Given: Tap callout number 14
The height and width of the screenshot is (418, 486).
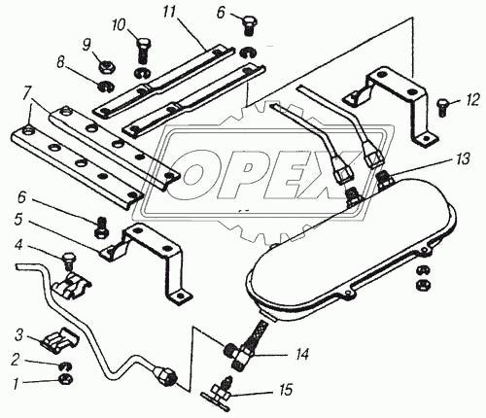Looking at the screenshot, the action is pyautogui.click(x=300, y=354).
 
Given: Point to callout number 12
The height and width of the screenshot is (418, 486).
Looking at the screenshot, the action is pyautogui.click(x=471, y=100).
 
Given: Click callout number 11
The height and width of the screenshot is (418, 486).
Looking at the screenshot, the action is pyautogui.click(x=169, y=13).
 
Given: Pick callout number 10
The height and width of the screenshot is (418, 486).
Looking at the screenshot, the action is pyautogui.click(x=119, y=25).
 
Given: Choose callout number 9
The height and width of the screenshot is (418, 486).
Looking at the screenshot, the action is pyautogui.click(x=87, y=45).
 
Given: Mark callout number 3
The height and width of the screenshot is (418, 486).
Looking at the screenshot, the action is pyautogui.click(x=18, y=335).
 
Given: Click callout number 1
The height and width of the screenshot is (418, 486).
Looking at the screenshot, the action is pyautogui.click(x=15, y=384).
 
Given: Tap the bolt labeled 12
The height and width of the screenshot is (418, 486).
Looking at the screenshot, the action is pyautogui.click(x=442, y=108).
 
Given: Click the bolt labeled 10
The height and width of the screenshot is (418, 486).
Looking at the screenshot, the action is pyautogui.click(x=142, y=51).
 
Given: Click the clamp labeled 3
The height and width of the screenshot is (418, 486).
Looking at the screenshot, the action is pyautogui.click(x=60, y=340).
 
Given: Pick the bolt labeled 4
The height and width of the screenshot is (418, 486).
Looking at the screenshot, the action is pyautogui.click(x=69, y=261).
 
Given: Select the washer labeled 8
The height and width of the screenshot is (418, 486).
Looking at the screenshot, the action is pyautogui.click(x=105, y=87).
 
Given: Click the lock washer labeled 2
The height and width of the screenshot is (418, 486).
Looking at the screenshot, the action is pyautogui.click(x=66, y=366).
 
